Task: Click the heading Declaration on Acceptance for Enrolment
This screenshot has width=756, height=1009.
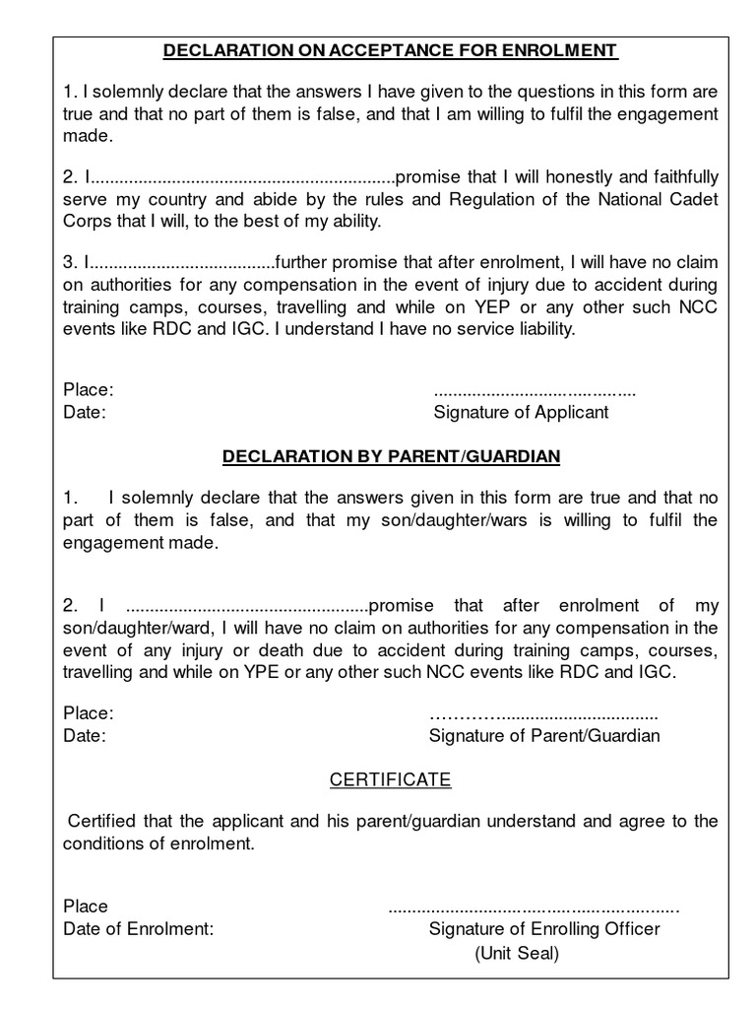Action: click(390, 49)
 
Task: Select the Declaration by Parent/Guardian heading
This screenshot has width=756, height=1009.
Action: click(391, 456)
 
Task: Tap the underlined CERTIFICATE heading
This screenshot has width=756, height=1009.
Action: click(390, 779)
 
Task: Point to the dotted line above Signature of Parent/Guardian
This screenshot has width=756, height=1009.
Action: click(544, 713)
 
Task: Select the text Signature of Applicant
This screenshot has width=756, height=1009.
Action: click(521, 412)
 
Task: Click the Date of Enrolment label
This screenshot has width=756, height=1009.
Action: click(138, 929)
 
